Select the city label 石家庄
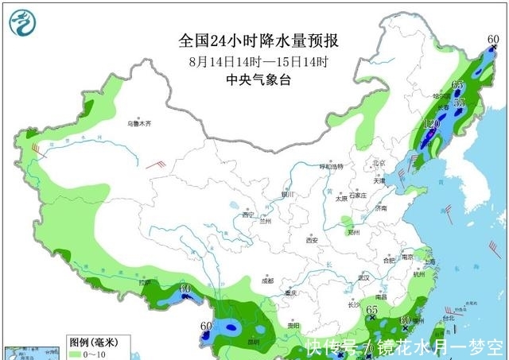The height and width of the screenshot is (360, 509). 356,195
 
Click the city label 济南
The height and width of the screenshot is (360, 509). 379,208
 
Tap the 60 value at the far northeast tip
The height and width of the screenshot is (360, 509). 493,39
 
